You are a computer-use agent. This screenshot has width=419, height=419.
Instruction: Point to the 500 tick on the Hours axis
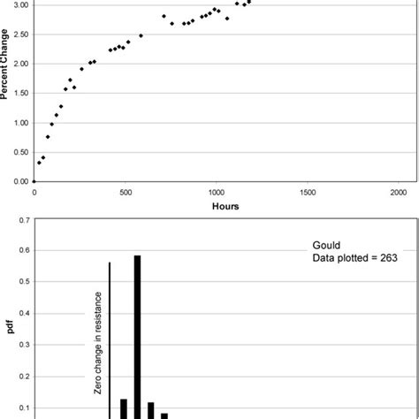pyautogui.click(x=125, y=191)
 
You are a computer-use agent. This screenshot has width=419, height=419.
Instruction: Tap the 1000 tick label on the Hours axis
pyautogui.click(x=216, y=191)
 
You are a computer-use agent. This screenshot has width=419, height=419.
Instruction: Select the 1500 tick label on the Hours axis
pyautogui.click(x=307, y=191)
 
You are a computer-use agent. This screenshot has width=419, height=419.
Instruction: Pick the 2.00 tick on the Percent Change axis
pyautogui.click(x=19, y=64)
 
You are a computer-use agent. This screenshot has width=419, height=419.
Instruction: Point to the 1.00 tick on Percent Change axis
pyautogui.click(x=19, y=123)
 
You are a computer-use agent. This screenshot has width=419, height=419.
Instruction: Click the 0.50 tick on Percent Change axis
pyautogui.click(x=19, y=152)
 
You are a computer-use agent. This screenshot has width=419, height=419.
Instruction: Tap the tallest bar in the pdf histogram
pyautogui.click(x=137, y=336)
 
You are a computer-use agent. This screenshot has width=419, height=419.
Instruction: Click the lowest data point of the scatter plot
pyautogui.click(x=38, y=163)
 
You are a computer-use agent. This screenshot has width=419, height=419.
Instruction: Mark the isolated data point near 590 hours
pyautogui.click(x=141, y=35)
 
